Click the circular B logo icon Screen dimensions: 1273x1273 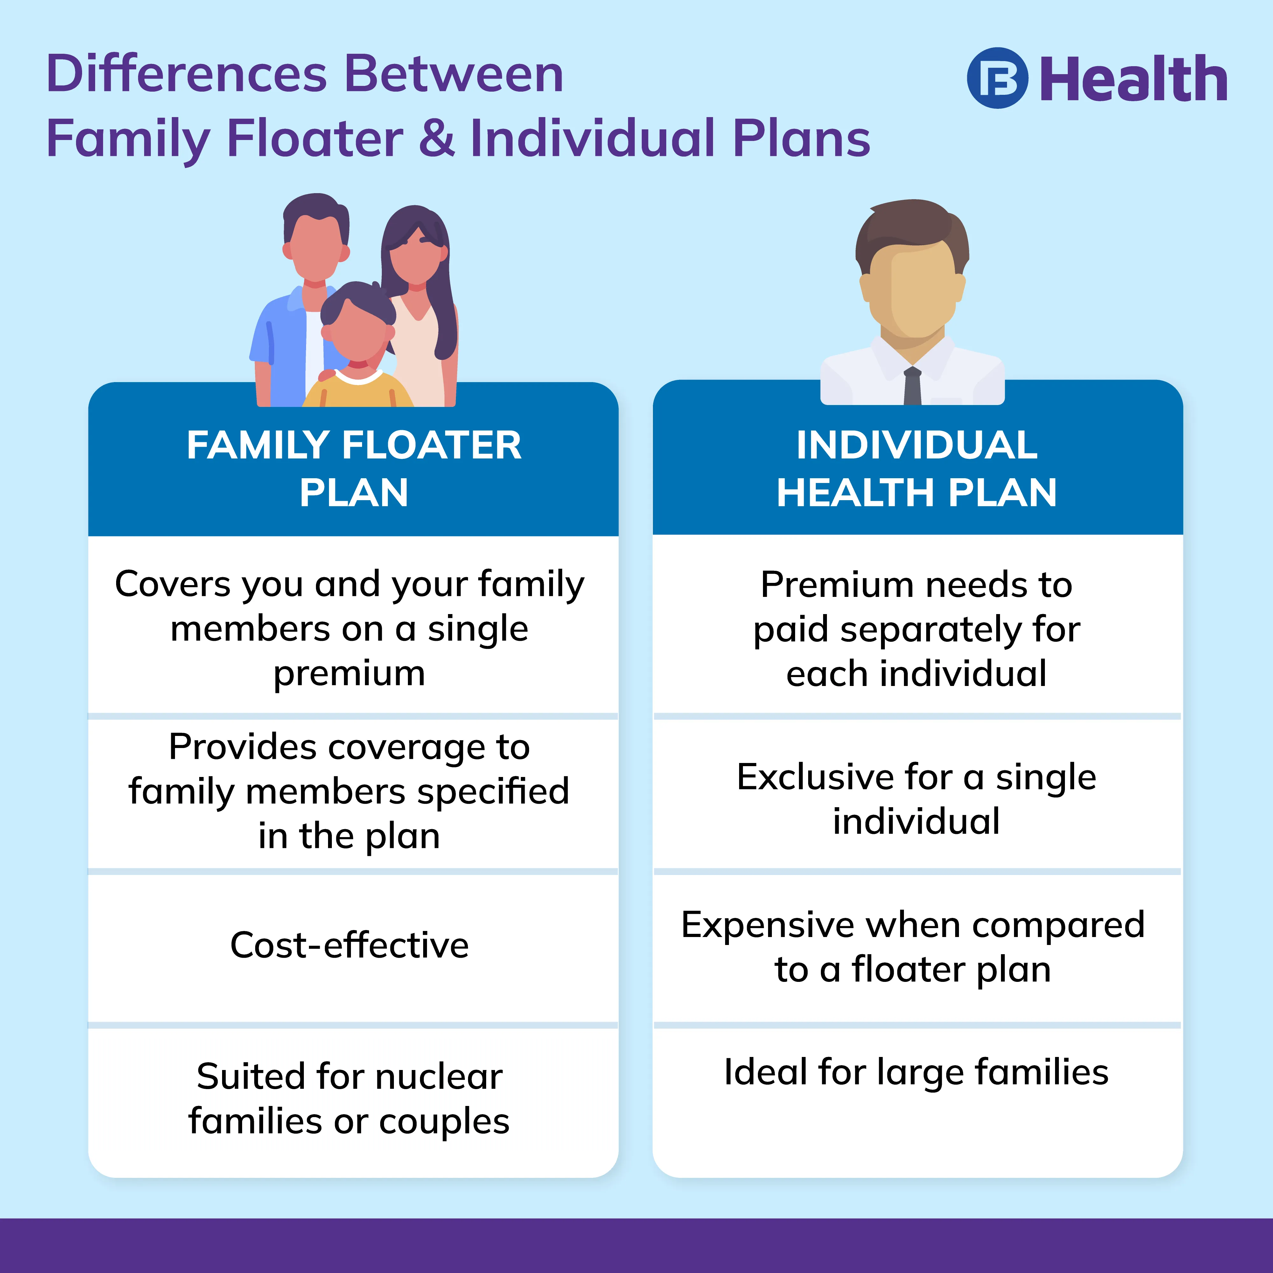click(997, 78)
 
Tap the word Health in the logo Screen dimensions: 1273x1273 click(1133, 79)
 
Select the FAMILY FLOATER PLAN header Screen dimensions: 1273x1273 click(354, 468)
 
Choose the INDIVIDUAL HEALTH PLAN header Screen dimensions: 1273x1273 click(917, 468)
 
